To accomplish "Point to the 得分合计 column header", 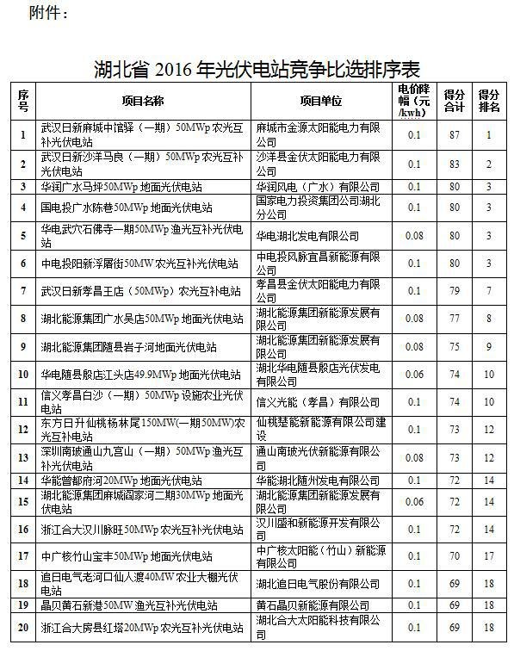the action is pyautogui.click(x=455, y=102).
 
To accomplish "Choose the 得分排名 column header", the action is pyautogui.click(x=489, y=102).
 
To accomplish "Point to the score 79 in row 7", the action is pyautogui.click(x=455, y=291).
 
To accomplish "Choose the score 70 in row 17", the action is pyautogui.click(x=455, y=557).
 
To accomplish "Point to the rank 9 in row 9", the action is pyautogui.click(x=489, y=347).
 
